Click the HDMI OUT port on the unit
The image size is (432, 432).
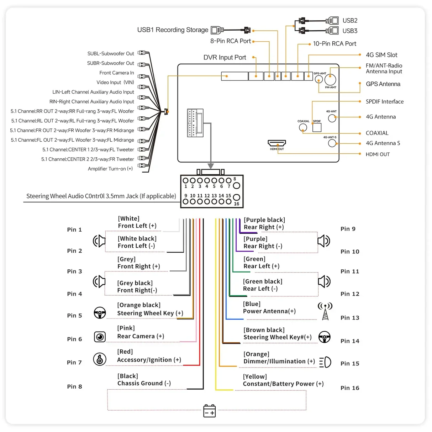(277, 143)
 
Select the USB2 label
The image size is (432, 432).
(350, 21)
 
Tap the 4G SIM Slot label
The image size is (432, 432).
(381, 55)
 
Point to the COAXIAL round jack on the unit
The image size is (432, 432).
(303, 127)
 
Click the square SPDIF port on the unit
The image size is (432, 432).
(317, 127)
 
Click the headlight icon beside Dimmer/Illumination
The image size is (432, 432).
(325, 362)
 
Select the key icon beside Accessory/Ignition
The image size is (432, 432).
(100, 359)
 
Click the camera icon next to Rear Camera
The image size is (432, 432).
(100, 337)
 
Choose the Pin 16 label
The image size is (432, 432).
(350, 388)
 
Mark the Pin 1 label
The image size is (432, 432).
(74, 230)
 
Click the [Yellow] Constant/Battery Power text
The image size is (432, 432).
(283, 380)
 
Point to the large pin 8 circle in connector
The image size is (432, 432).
(237, 185)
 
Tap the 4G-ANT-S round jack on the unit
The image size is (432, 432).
(332, 143)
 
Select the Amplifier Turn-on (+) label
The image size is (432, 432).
(110, 169)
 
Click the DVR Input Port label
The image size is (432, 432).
(225, 57)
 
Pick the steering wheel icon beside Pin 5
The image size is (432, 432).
(100, 313)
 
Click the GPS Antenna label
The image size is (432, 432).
(383, 84)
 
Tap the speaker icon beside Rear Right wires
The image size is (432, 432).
(324, 241)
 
